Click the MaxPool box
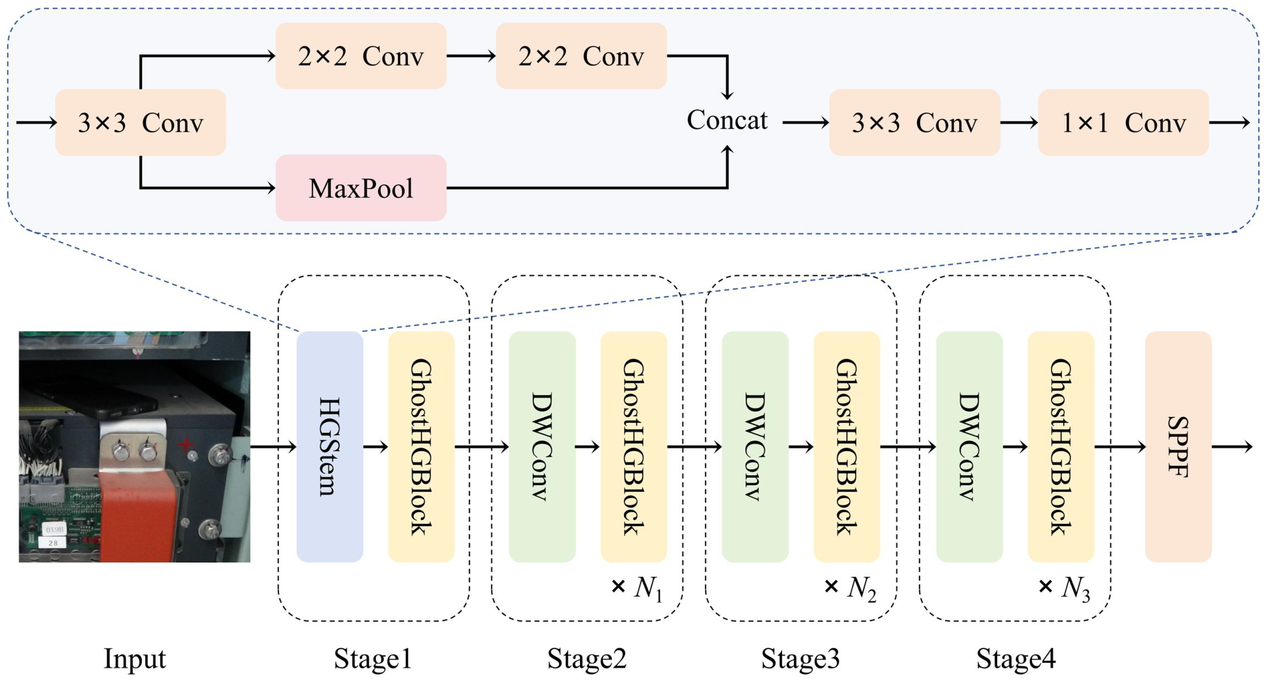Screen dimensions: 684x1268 click(x=361, y=188)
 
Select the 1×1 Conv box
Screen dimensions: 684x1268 click(x=1123, y=122)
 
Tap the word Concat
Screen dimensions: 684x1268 click(x=727, y=120)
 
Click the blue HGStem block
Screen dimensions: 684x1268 click(x=330, y=446)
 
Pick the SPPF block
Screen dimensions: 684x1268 click(x=1178, y=446)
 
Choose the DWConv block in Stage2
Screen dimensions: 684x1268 click(x=542, y=446)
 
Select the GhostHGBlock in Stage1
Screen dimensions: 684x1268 click(x=421, y=446)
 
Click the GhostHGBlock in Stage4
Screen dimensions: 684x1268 click(x=1061, y=446)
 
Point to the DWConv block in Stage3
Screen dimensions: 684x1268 click(x=755, y=446)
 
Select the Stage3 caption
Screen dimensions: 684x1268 click(x=801, y=659)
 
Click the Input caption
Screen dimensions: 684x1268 click(x=134, y=659)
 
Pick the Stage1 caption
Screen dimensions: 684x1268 click(x=373, y=659)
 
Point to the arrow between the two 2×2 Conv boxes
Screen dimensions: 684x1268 click(x=471, y=56)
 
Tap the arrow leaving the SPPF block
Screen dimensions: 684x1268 click(x=1232, y=446)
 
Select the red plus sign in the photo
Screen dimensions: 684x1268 click(x=186, y=444)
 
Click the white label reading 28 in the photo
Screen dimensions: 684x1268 click(x=53, y=543)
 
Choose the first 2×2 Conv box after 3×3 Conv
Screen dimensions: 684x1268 click(x=361, y=56)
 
